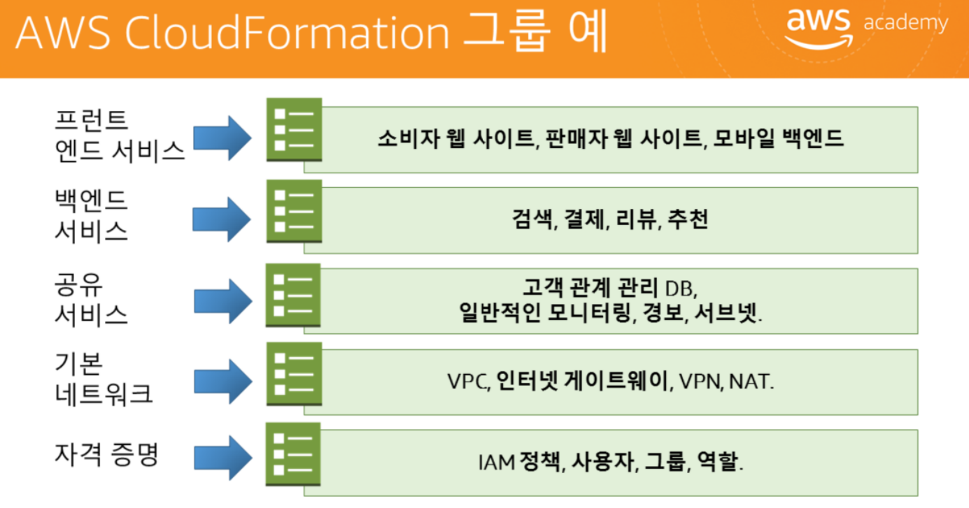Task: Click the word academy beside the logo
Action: pos(906,23)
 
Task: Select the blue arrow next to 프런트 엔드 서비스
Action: pos(221,137)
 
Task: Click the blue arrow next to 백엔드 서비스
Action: pos(221,219)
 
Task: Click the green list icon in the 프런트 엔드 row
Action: pos(294,130)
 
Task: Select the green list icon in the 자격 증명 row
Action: pos(294,454)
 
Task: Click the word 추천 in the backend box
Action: pos(688,220)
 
